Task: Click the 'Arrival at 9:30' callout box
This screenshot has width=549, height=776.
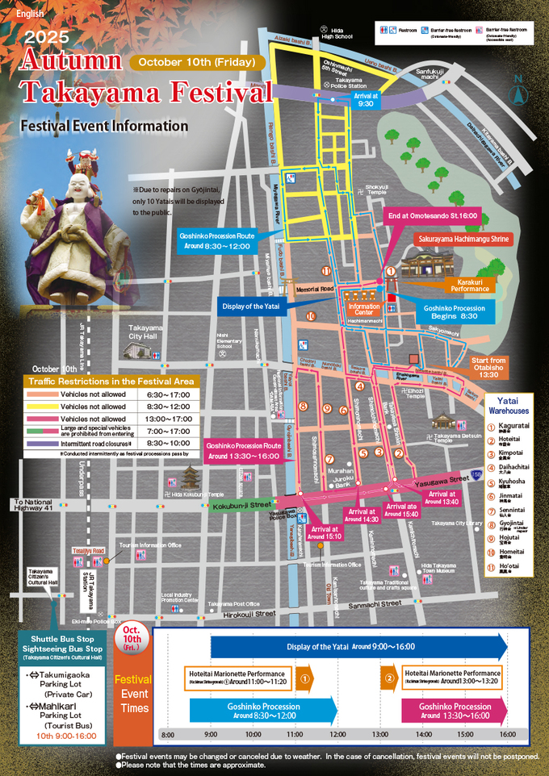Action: coord(364,99)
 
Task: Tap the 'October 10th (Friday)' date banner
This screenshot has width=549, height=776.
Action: coord(197,62)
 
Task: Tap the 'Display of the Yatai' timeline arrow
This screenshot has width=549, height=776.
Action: coord(359,646)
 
